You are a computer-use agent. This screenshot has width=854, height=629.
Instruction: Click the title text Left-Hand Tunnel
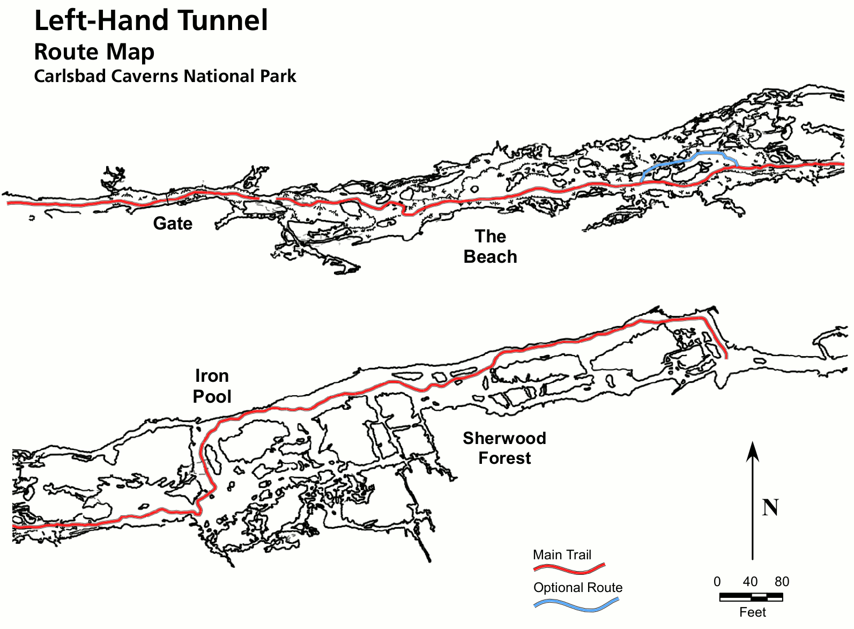tap(151, 20)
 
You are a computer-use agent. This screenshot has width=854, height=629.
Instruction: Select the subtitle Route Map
tap(94, 52)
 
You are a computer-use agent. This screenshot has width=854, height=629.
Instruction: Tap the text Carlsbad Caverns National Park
tap(165, 76)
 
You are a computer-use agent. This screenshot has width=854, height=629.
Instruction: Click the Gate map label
tap(173, 223)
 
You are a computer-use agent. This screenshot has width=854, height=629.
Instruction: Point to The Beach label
tap(490, 247)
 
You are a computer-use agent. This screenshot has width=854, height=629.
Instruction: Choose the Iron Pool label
tap(212, 386)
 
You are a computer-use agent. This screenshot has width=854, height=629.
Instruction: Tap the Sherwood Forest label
tap(504, 448)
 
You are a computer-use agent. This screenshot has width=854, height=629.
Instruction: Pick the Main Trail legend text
tap(562, 555)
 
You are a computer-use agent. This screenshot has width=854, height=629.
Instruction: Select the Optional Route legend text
tap(578, 588)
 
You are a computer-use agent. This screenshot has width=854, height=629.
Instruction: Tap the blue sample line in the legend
tap(576, 604)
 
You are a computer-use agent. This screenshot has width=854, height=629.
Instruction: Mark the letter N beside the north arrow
tap(770, 507)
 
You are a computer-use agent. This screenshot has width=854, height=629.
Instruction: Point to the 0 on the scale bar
tap(717, 582)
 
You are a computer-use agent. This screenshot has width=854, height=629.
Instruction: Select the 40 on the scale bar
tap(750, 582)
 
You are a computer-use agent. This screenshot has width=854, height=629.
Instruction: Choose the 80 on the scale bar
tap(782, 582)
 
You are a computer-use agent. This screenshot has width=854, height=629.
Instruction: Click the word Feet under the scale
tap(752, 612)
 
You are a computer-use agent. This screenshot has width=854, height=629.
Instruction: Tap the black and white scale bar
tap(751, 596)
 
